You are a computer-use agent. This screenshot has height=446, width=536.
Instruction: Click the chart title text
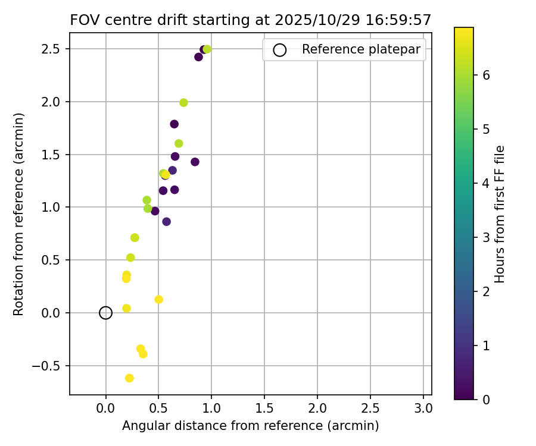250,20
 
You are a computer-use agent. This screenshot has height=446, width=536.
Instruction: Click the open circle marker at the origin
105,313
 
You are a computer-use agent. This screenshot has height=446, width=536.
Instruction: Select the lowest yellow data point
129,378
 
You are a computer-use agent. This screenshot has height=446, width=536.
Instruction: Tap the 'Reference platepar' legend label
362,50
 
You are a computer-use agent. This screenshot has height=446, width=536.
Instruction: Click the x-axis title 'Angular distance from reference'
250,426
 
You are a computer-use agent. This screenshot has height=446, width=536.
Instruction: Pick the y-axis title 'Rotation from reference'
19,213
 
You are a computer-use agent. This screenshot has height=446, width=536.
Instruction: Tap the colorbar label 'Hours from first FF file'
500,214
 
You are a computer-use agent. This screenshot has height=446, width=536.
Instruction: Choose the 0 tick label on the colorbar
487,399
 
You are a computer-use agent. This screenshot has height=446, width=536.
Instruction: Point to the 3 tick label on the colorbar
487,237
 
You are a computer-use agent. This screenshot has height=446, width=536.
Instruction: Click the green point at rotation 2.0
183,103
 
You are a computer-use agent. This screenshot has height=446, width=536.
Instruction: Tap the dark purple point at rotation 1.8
174,124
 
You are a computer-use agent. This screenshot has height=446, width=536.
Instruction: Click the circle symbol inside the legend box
279,51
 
